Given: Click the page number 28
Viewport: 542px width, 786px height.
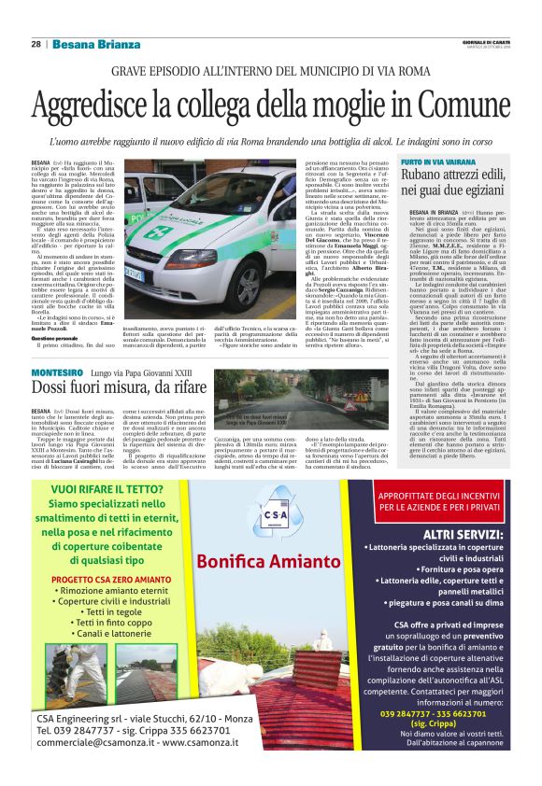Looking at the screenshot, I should (x=35, y=44).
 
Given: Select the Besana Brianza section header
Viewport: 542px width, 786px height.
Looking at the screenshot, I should (x=95, y=44).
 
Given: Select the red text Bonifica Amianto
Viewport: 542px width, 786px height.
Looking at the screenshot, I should (x=268, y=560).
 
